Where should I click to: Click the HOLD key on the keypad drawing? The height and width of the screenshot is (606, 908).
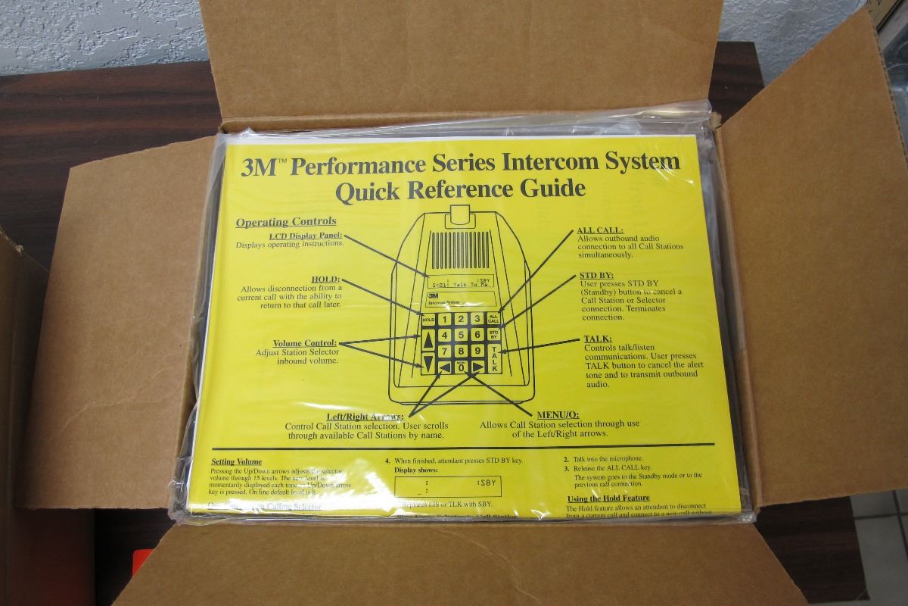point(428,320)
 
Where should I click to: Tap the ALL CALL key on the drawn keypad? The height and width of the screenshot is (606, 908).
point(493,320)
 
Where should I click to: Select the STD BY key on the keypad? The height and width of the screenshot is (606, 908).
point(493,334)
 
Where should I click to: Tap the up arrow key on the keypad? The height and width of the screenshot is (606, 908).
point(428,340)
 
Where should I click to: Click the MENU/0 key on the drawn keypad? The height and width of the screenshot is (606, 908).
point(461,367)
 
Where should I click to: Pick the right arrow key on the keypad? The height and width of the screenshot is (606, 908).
point(477,367)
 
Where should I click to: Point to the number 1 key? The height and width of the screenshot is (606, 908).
point(444,320)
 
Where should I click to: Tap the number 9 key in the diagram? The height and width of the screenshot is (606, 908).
point(477,351)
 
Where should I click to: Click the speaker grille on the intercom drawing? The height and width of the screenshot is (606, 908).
point(461,248)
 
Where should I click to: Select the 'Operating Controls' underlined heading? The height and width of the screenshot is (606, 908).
point(286,222)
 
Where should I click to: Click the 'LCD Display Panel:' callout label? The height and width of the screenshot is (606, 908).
point(306,236)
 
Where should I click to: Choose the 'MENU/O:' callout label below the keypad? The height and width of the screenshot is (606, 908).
point(558,414)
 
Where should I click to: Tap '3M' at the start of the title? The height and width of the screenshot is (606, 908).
point(257,167)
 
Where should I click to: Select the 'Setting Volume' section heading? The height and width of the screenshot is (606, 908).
point(236,461)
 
